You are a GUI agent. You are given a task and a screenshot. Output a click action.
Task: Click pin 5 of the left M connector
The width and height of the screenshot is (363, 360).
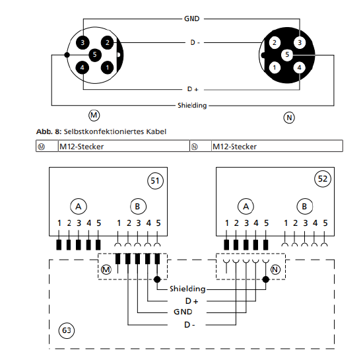tap(95, 55)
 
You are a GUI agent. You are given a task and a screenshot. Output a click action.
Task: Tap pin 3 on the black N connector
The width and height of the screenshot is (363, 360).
tap(300, 43)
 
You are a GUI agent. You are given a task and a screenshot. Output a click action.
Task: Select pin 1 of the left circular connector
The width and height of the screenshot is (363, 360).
tap(107, 67)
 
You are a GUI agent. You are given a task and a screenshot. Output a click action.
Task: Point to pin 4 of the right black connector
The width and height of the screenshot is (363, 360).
tap(300, 67)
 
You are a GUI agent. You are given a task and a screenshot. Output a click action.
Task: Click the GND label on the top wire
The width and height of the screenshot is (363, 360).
tap(191, 18)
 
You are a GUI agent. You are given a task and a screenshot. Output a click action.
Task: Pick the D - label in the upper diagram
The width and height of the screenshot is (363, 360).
tap(195, 43)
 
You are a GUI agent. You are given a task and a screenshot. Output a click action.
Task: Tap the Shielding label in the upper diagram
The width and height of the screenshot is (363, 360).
tap(192, 106)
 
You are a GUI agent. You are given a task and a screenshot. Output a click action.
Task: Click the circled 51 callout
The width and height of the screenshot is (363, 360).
tap(155, 181)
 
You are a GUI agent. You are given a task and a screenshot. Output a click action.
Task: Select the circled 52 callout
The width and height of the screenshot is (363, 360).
tap(323, 179)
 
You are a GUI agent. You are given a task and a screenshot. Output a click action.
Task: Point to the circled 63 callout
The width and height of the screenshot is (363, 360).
tap(67, 330)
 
